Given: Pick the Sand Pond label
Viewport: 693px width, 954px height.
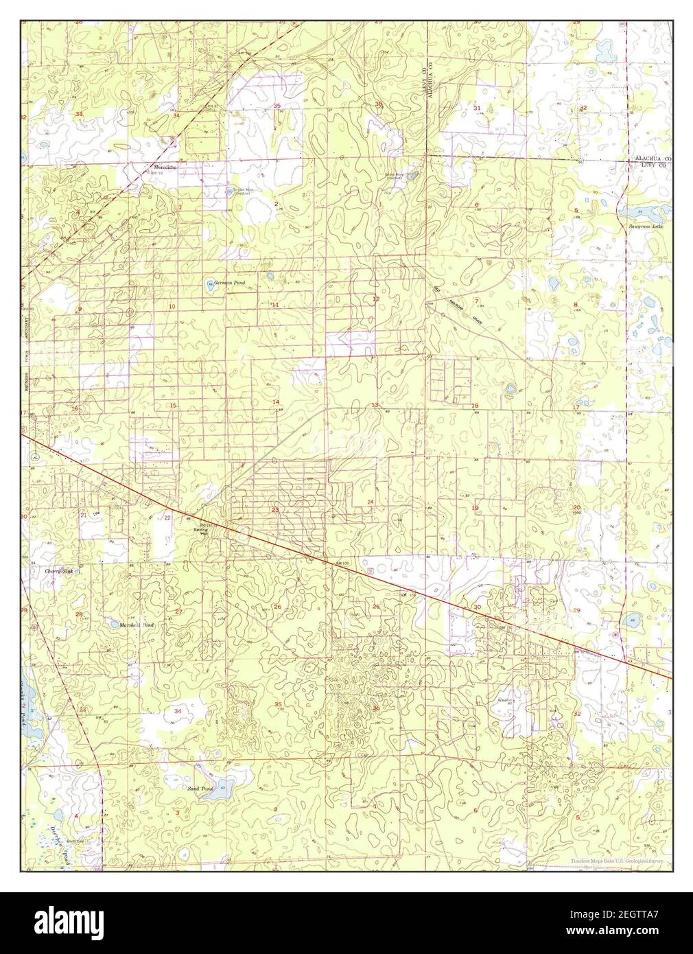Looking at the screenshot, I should point(200,789).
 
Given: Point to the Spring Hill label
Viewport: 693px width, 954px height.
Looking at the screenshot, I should point(201,532).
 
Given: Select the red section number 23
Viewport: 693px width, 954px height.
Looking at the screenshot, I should point(274,510).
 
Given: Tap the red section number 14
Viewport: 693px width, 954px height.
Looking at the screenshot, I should point(276,402).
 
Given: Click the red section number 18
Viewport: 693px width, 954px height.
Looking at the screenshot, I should point(475,406).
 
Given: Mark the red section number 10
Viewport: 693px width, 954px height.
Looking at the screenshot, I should point(172,306).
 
